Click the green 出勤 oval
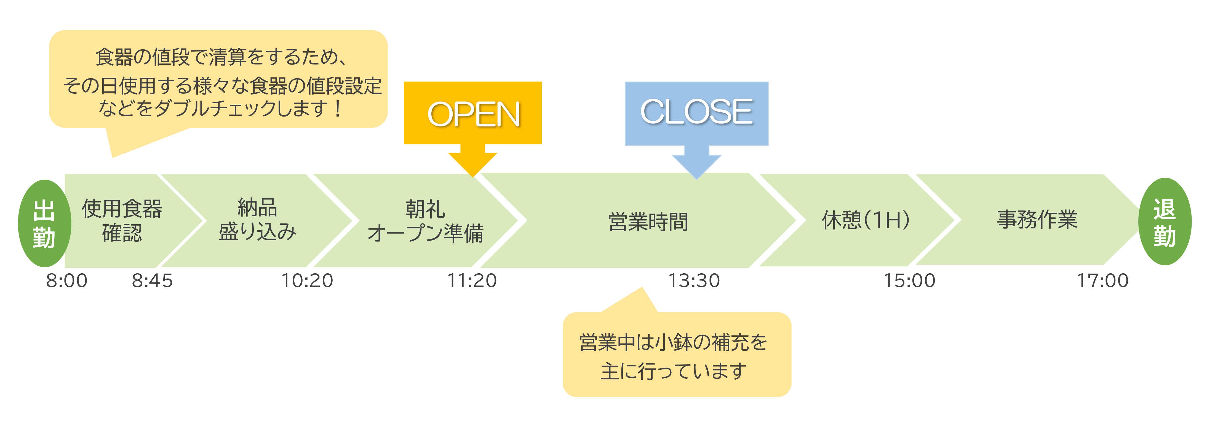point(44,223)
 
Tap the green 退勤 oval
point(1165,222)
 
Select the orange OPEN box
point(472,113)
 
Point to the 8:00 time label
point(66,281)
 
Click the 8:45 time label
point(152,281)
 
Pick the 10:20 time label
point(307,281)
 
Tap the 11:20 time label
point(472,281)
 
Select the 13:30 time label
point(694,281)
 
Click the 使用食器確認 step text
point(122,220)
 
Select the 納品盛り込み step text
point(258,220)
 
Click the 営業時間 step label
point(648,222)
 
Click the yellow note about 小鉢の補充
point(677,354)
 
